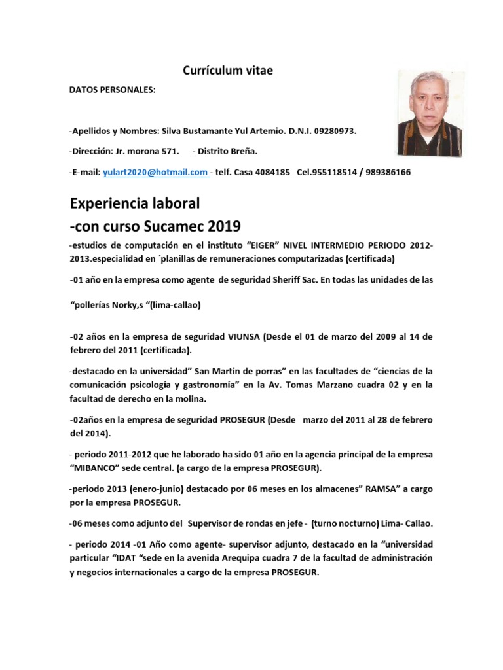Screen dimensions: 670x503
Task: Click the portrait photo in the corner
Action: [x=430, y=113]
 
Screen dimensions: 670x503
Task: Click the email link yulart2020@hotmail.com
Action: [x=155, y=172]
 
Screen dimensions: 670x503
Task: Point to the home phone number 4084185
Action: [x=274, y=172]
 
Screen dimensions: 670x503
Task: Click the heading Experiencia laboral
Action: [x=135, y=203]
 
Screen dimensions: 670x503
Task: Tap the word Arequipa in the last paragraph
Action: [x=257, y=558]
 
